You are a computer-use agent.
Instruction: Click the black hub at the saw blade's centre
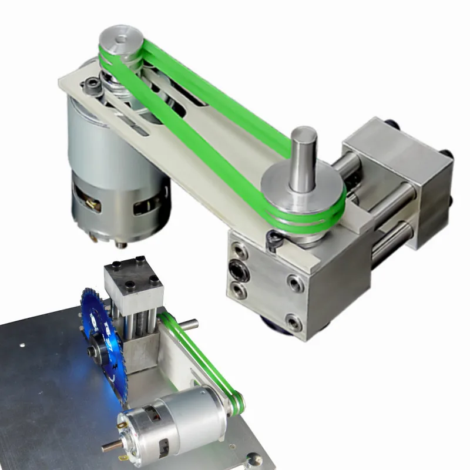tap(93, 351)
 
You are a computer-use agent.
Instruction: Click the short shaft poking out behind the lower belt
tap(189, 323)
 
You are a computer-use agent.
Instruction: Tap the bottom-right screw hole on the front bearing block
tap(292, 320)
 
